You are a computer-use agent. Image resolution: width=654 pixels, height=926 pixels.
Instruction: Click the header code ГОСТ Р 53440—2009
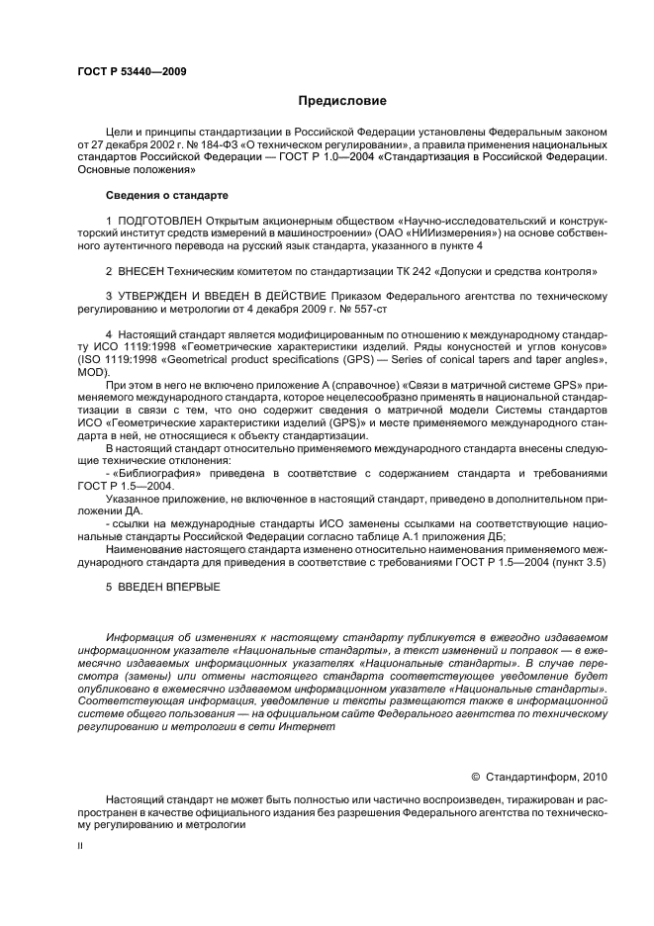tap(132, 71)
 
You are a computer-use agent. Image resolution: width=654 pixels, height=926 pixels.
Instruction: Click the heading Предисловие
tap(342, 102)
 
